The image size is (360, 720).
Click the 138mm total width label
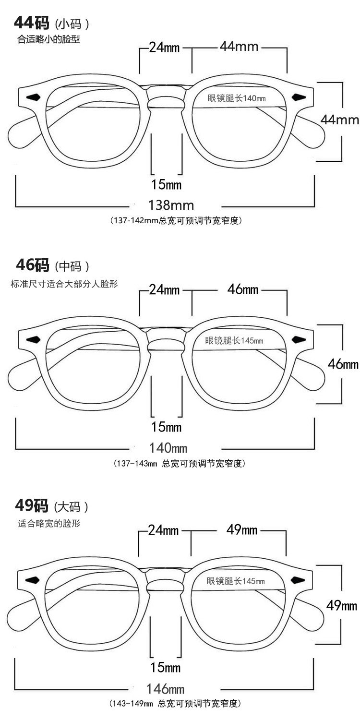pyautogui.click(x=171, y=205)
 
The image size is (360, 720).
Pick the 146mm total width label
pyautogui.click(x=166, y=689)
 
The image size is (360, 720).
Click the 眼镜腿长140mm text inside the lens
pyautogui.click(x=236, y=98)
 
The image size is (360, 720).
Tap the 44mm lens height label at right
pyautogui.click(x=340, y=120)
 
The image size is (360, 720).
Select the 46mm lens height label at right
pyautogui.click(x=343, y=364)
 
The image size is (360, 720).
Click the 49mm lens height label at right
pyautogui.click(x=341, y=606)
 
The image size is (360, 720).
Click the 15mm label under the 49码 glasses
pyautogui.click(x=165, y=667)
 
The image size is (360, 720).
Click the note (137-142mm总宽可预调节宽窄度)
pyautogui.click(x=175, y=221)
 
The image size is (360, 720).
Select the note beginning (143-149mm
pyautogui.click(x=173, y=704)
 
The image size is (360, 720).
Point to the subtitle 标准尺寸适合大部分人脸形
pyautogui.click(x=64, y=284)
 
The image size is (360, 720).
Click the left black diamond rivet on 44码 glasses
pyautogui.click(x=33, y=97)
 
